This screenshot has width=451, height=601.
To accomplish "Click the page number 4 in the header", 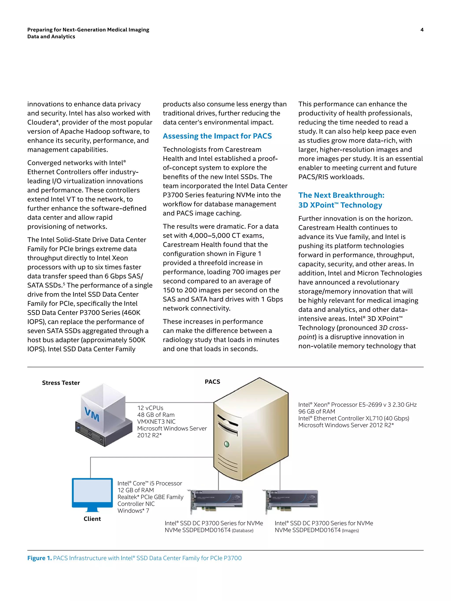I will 422,30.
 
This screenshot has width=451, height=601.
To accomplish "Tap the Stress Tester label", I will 61,383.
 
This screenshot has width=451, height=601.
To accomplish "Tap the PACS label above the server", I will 212,382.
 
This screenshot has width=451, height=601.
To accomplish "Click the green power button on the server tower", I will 226,444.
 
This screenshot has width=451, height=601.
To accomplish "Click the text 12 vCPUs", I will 150,408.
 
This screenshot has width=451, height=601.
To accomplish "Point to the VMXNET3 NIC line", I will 156,421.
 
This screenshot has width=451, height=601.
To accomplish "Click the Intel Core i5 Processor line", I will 150,483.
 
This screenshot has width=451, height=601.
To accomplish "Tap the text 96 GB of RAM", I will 316,411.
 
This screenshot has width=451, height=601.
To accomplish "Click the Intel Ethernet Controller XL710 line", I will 353,418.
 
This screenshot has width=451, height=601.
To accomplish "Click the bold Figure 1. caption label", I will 39,558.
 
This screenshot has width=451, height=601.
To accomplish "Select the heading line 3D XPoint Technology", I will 340,205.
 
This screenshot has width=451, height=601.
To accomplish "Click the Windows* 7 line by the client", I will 133,511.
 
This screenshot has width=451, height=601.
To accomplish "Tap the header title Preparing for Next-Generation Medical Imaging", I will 88,30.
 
